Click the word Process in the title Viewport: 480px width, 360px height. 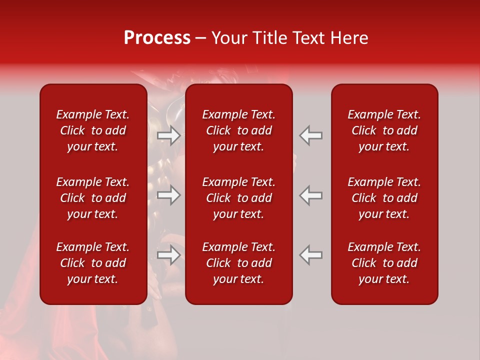157,38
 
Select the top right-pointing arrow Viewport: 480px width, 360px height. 169,135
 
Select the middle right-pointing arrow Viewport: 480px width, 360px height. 169,195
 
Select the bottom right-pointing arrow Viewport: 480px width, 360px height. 169,255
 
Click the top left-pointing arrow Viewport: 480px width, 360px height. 310,135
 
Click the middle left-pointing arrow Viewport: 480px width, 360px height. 310,195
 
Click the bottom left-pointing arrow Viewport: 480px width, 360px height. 310,255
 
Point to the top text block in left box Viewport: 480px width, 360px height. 93,130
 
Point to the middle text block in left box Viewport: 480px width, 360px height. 93,198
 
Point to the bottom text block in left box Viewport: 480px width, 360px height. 93,263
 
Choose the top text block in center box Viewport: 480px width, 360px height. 238,130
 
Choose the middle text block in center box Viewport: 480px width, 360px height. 238,198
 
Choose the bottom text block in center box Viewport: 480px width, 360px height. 238,263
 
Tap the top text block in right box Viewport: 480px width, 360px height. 384,130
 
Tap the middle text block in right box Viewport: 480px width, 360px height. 384,198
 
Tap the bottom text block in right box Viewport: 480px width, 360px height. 384,263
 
